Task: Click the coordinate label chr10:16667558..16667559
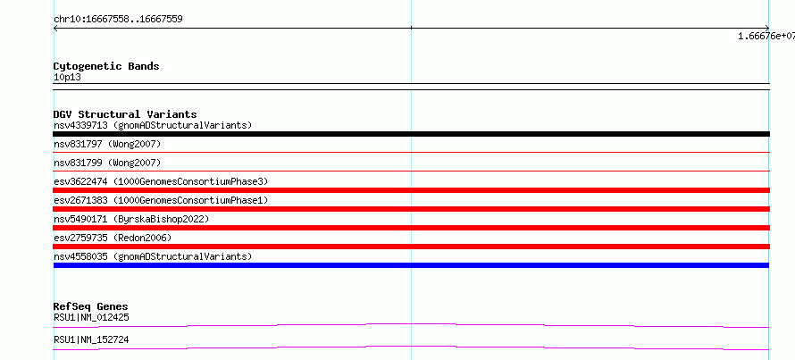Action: [118, 20]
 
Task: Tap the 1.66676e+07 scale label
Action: [766, 36]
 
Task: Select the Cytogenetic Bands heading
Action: [106, 66]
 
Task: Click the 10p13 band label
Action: [67, 78]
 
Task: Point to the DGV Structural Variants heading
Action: [125, 114]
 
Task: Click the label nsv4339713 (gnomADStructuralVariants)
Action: [153, 125]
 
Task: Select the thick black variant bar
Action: [411, 134]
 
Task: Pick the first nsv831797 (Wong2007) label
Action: [107, 145]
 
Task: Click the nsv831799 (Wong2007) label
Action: [107, 163]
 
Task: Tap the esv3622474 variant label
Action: [161, 181]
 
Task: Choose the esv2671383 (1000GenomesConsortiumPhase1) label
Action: [161, 200]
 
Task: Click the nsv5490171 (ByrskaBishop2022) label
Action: [131, 219]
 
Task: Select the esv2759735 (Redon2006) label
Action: [113, 238]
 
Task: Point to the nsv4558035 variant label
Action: [153, 256]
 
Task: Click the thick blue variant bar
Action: [411, 265]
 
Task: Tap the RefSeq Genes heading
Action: [91, 306]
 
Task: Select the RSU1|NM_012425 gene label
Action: [91, 318]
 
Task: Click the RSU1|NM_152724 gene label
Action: [91, 339]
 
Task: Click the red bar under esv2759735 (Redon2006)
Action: [411, 247]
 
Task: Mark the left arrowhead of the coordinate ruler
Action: [54, 29]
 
